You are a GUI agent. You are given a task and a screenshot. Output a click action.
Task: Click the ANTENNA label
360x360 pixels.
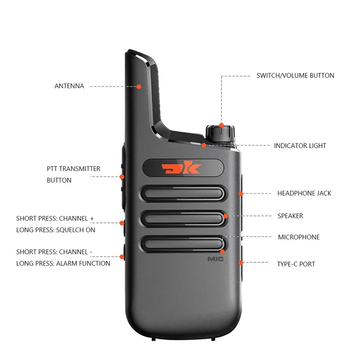tap(69, 86)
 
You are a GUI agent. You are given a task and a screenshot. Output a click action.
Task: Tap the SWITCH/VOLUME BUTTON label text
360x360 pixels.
tap(295, 76)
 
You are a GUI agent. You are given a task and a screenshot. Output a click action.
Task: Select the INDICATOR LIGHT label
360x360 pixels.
tap(300, 145)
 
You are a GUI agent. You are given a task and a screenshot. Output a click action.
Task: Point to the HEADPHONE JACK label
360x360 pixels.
tap(304, 193)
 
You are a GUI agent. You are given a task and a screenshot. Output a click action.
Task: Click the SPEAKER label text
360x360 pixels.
tap(290, 216)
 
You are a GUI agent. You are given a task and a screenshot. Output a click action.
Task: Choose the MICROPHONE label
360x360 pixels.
tap(299, 237)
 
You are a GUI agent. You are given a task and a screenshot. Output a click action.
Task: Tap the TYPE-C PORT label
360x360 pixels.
tap(296, 264)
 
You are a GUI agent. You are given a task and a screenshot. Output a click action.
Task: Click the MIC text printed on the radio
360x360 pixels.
tap(216, 259)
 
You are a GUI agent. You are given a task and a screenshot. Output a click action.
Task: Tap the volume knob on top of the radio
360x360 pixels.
tap(220, 134)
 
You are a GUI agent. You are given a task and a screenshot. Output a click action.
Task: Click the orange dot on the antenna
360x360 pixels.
tap(139, 87)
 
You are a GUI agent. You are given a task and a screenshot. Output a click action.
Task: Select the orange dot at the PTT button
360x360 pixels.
tap(122, 177)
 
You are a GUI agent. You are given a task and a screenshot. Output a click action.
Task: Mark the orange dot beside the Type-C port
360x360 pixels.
tap(241, 262)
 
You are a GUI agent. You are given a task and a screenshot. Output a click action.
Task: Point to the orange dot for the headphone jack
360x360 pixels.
tap(241, 194)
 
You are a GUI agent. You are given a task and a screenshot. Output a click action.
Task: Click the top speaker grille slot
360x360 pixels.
tap(183, 193)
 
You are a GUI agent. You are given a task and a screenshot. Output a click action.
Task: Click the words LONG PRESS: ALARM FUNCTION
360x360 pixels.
tap(63, 263)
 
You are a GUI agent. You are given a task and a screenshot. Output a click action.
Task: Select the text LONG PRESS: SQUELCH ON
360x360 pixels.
tap(56, 230)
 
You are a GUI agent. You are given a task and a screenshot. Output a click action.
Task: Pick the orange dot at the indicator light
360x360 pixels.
tap(204, 145)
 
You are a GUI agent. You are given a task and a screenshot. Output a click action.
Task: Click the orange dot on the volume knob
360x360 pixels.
tap(221, 126)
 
